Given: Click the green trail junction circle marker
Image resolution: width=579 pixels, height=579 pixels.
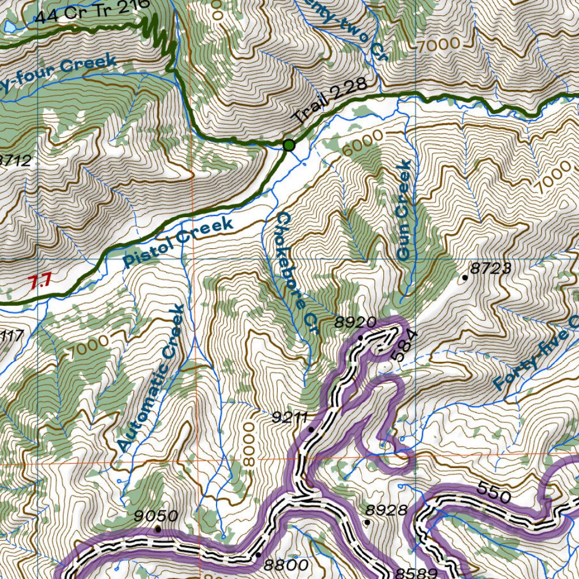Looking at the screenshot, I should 289,145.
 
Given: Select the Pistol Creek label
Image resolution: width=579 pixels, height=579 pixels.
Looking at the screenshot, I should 178,242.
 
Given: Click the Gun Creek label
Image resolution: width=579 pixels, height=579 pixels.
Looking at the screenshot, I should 403,210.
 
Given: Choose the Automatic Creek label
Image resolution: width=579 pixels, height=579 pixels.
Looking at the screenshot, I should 151,378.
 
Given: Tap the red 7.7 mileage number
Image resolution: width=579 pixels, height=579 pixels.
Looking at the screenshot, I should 40,281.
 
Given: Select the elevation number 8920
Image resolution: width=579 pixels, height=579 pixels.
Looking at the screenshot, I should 355,323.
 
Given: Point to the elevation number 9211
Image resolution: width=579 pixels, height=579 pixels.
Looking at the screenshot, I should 289,417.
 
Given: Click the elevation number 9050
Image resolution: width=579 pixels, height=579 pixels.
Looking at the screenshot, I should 157,515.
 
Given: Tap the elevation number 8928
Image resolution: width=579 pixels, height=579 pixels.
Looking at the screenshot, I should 386,510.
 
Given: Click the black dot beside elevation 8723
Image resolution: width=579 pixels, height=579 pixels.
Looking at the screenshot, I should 465,277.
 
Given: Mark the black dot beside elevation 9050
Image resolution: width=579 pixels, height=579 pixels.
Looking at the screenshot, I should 158,529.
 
